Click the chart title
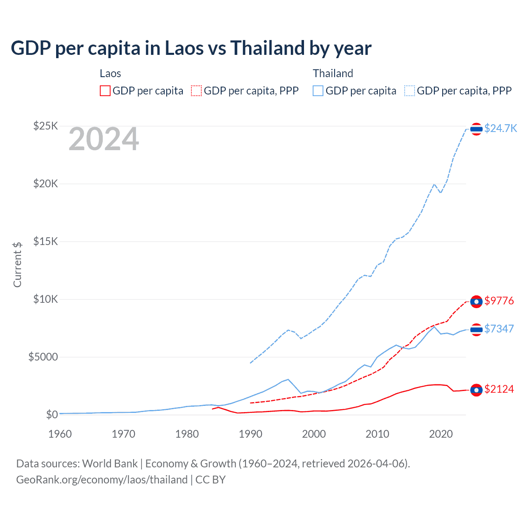(191, 48)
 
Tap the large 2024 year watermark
(104, 139)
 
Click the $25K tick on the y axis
(45, 126)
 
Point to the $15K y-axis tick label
(45, 241)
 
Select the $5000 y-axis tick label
(43, 357)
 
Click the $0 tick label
(52, 415)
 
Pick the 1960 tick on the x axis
(60, 434)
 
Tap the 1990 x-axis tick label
(251, 434)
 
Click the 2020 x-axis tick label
(441, 434)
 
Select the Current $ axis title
(17, 264)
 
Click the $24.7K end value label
(500, 128)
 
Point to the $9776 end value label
(499, 301)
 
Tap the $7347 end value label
(499, 329)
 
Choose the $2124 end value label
(499, 389)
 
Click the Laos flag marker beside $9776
(476, 302)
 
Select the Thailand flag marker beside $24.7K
(476, 129)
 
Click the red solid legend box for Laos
(105, 91)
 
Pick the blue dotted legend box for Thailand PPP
(410, 91)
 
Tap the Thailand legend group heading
(333, 73)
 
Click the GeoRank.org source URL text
(102, 480)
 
